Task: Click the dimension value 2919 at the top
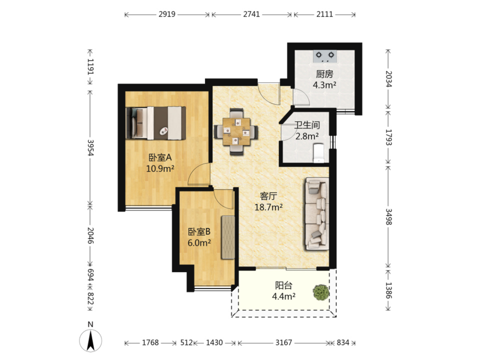pos(167,14)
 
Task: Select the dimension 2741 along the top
pos(251,14)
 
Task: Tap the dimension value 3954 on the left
pos(90,147)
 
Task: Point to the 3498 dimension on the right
pos(388,216)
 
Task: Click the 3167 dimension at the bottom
pos(283,342)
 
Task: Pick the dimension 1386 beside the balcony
pos(388,290)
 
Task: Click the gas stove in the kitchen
pos(325,56)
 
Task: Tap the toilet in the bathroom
pos(319,153)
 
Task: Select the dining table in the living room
pos(236,131)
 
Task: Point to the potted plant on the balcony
pos(321,292)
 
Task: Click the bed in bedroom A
pos(156,123)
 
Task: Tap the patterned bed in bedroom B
pos(228,237)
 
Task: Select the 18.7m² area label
pos(268,207)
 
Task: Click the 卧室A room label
pos(160,157)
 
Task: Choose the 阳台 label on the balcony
pos(283,285)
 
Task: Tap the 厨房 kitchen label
pos(324,74)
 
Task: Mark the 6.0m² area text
pos(199,243)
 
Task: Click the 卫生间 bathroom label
pos(307,125)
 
